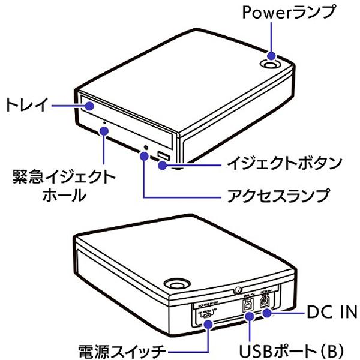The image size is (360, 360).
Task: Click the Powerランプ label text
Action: coord(287,13)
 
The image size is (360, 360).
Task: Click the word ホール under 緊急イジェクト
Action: coord(64,196)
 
